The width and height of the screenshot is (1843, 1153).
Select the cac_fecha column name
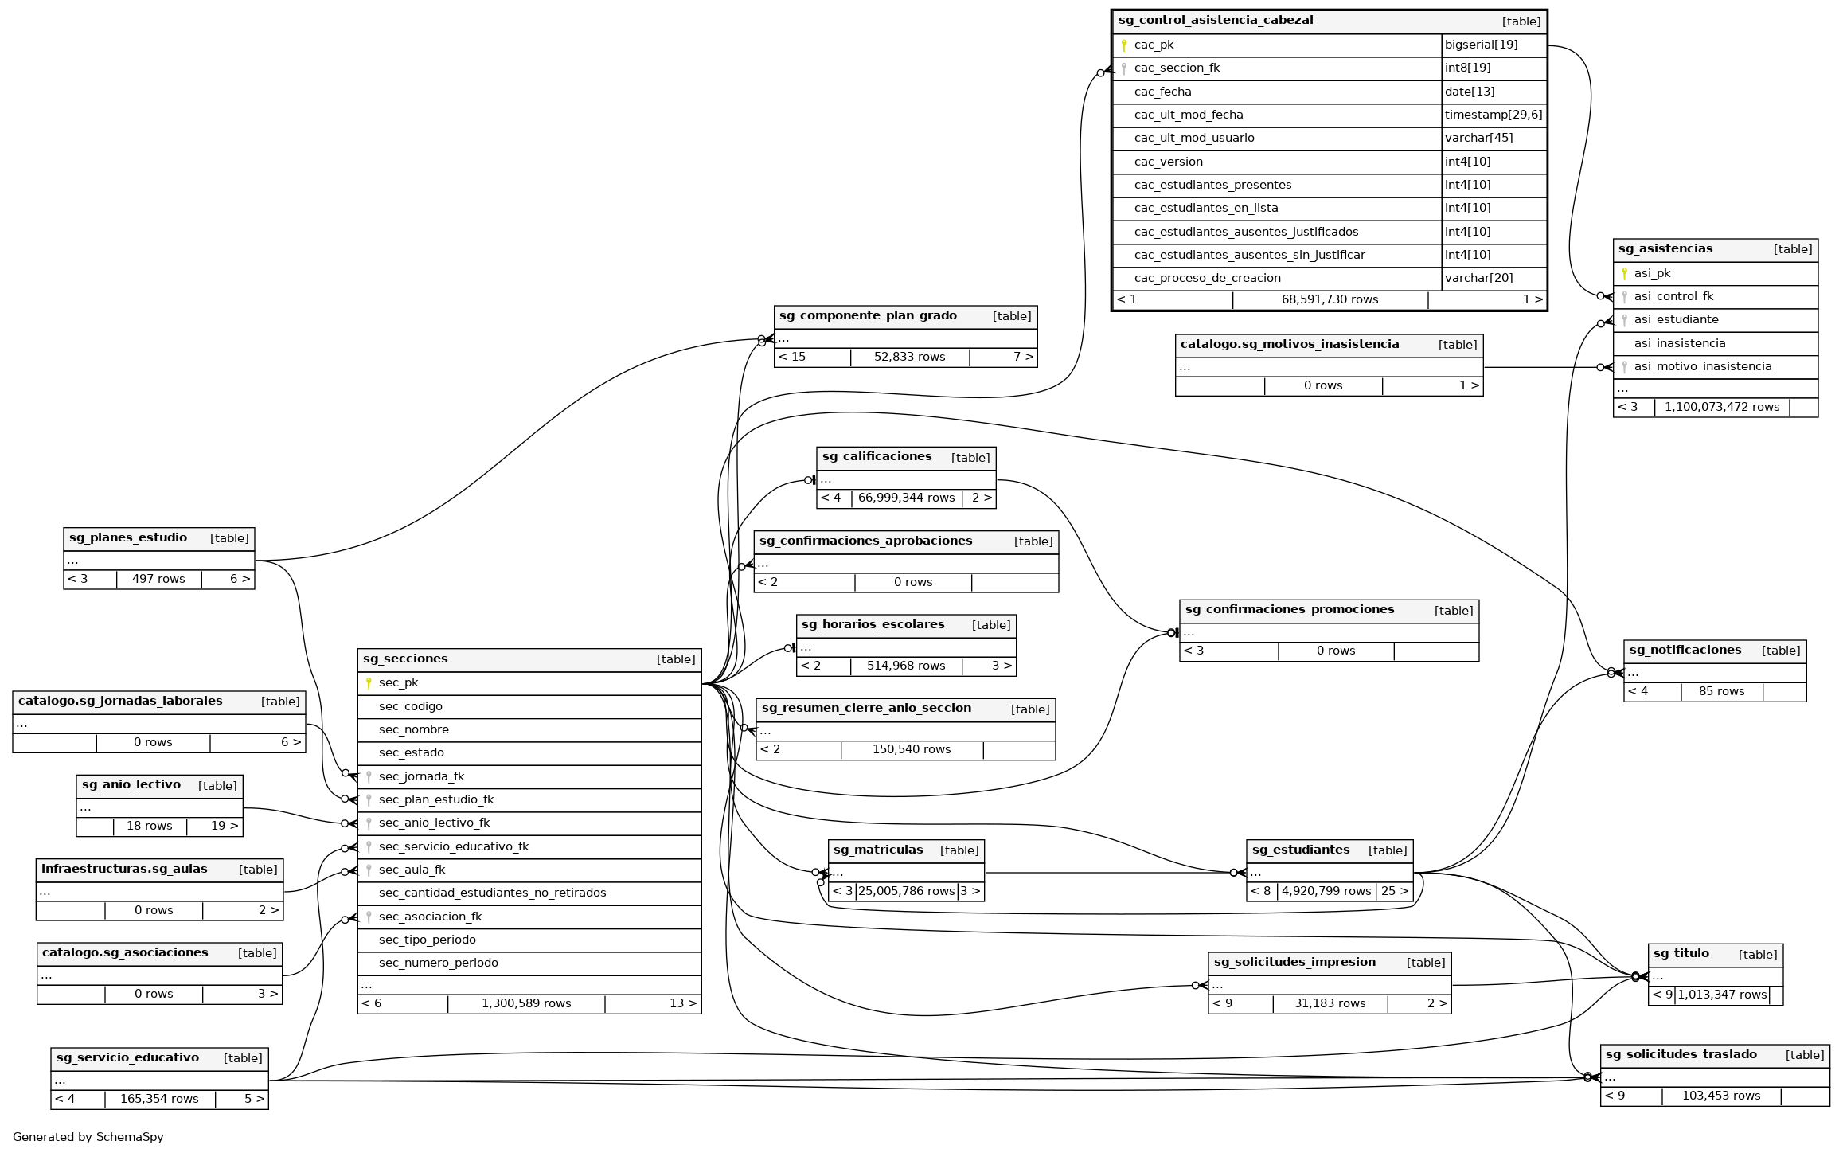point(1162,92)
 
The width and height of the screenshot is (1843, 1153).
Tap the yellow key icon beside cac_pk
point(1123,45)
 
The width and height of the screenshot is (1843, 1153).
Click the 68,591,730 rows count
point(1330,300)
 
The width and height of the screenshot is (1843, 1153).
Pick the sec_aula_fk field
point(412,870)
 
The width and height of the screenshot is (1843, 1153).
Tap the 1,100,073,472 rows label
point(1721,408)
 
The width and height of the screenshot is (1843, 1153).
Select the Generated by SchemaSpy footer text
point(88,1137)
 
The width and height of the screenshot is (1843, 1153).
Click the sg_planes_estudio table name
point(128,538)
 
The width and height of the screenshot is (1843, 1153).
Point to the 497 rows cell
point(158,580)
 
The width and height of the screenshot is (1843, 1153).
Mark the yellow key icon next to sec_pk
point(369,683)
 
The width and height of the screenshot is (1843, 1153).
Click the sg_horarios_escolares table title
point(873,625)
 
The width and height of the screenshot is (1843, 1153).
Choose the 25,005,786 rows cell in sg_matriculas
point(906,892)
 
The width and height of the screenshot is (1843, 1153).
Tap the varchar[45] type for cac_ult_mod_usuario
point(1478,139)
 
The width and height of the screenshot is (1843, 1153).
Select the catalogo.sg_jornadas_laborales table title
point(120,702)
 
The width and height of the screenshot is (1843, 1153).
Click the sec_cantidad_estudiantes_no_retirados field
point(492,893)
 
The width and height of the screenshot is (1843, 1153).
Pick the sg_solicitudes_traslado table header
point(1681,1055)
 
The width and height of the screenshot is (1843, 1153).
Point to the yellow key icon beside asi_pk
point(1624,274)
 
